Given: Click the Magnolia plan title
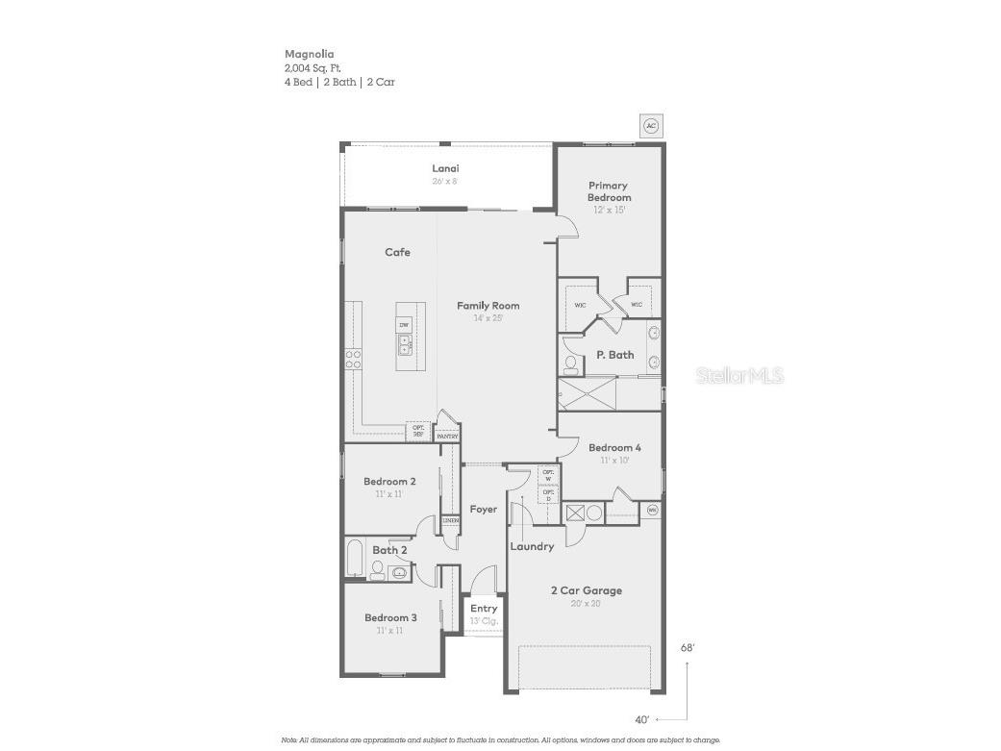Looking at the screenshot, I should [x=309, y=55].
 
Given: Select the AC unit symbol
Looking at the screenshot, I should [x=651, y=126].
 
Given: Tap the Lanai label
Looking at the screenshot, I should [x=445, y=168].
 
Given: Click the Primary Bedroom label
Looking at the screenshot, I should [x=610, y=191].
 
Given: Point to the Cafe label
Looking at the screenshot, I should [x=397, y=252].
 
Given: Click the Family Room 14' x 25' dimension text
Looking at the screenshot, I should [x=488, y=318].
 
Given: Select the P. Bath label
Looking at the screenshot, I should [x=614, y=355].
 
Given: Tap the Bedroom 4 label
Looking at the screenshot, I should [x=614, y=447].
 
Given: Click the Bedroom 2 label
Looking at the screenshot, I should [x=389, y=482].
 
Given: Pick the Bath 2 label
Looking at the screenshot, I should [x=389, y=550].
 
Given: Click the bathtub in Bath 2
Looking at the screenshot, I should [x=355, y=560].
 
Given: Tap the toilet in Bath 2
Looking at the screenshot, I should [x=377, y=570].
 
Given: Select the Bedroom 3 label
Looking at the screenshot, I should [x=389, y=617].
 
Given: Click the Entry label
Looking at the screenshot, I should [x=484, y=609].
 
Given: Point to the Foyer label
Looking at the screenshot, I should [x=484, y=509].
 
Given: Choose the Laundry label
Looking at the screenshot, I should [x=532, y=546].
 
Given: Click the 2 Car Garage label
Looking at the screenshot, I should [x=586, y=590].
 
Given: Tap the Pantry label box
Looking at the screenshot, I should [x=447, y=436].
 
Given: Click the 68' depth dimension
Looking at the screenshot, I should [x=687, y=648].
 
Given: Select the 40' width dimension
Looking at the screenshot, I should [x=642, y=719].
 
